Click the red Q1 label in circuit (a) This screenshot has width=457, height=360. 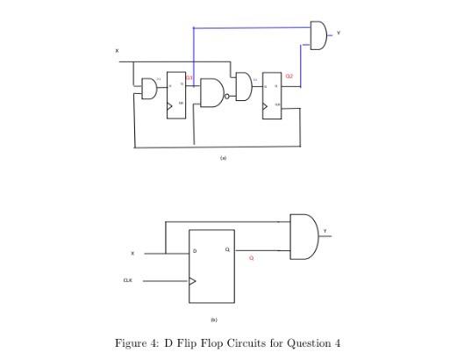pos(189,79)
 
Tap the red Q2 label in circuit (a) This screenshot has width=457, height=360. pos(289,76)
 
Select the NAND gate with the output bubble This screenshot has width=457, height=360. pos(212,92)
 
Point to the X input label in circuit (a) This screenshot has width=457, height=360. pos(117,51)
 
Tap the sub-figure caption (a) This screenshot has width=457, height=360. pos(224,158)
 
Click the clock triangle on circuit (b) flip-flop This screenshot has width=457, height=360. pos(194,282)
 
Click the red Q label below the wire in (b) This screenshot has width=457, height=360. pos(251,258)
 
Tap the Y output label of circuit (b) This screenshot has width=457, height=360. pos(325,231)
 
